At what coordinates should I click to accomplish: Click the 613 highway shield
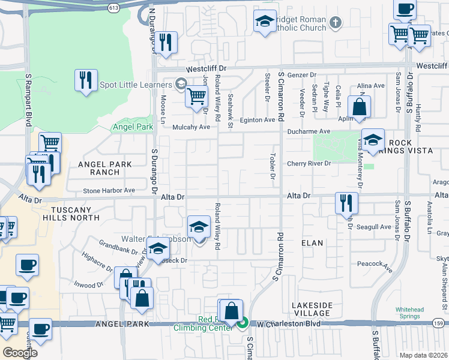coord(113,7)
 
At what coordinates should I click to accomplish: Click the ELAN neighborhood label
coord(312,243)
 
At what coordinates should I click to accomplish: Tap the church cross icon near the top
coord(336,23)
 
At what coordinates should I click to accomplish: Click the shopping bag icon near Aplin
coord(359,108)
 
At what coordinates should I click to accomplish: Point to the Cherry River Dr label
coord(309,163)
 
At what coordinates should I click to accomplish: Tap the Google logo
coord(19,353)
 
